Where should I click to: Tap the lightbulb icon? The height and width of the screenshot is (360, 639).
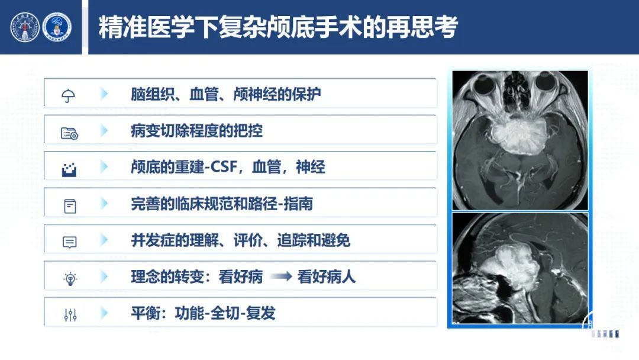(x=70, y=278)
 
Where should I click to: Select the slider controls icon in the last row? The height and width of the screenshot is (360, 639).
(x=70, y=315)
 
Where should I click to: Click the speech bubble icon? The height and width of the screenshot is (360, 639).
(x=70, y=242)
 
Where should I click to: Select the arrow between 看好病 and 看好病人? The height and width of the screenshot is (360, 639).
(x=281, y=277)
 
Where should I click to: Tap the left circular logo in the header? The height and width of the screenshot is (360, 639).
(x=25, y=27)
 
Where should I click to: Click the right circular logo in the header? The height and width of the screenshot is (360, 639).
(x=57, y=27)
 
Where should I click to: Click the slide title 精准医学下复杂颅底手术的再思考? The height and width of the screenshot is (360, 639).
(x=278, y=27)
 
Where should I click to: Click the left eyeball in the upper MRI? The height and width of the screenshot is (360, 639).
(x=485, y=84)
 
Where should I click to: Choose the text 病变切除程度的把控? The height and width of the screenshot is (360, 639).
(x=197, y=131)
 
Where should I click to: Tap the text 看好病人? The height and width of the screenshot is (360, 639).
(x=327, y=277)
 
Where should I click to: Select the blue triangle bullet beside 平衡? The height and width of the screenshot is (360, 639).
(x=104, y=313)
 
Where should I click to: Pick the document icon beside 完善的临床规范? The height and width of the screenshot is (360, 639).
(x=70, y=206)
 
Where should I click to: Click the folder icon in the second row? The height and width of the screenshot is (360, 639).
(x=69, y=133)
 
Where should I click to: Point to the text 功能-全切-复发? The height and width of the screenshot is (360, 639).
(x=225, y=313)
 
